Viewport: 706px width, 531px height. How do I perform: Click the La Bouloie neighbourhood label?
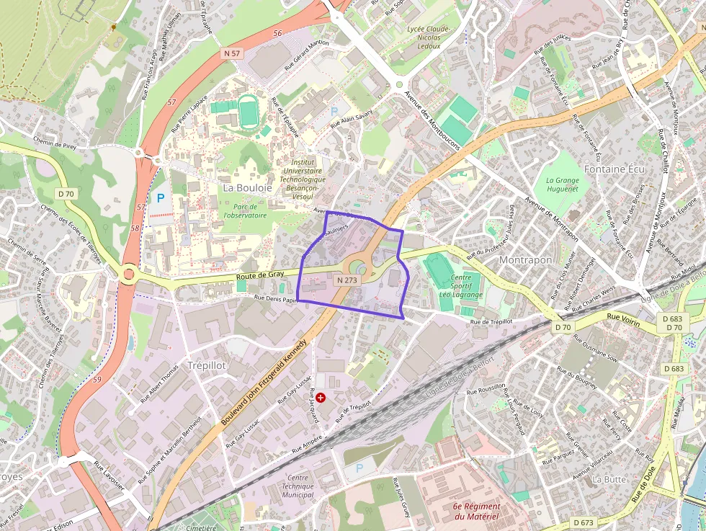click(x=247, y=187)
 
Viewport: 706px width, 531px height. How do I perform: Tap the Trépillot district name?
click(x=206, y=365)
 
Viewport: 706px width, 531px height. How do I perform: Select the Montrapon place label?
click(x=525, y=259)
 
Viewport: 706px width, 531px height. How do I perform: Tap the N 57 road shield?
click(x=232, y=53)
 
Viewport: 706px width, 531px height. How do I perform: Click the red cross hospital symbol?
click(x=321, y=397)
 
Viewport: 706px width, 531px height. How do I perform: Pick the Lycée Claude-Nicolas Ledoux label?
click(x=428, y=37)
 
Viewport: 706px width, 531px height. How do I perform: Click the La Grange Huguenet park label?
click(x=562, y=185)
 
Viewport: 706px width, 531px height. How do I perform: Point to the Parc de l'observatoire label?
click(x=245, y=211)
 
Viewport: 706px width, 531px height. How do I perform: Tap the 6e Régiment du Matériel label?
click(x=476, y=512)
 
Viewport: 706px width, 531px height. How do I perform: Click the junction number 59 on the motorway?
click(x=97, y=379)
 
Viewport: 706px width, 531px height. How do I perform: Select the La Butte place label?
click(x=609, y=478)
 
